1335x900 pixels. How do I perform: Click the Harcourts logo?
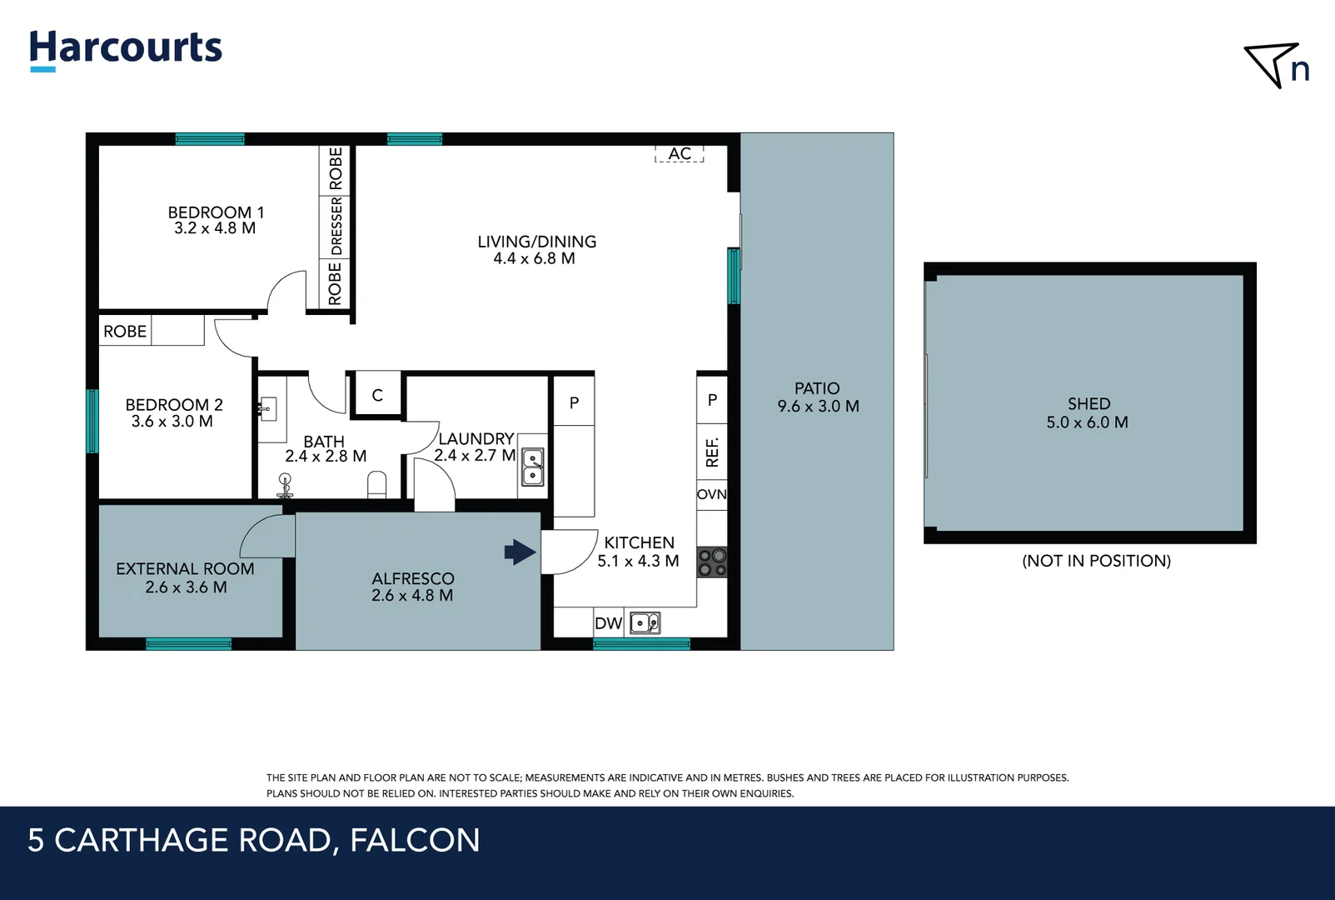coord(126,49)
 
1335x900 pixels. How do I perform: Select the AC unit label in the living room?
coord(680,153)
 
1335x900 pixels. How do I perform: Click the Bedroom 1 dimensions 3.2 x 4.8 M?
coord(215,228)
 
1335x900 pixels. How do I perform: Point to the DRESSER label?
coord(336,226)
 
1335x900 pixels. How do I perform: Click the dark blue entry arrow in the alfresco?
coord(520,552)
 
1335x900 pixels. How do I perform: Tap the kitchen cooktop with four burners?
coord(712,562)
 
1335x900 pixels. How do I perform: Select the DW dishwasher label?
coord(608,623)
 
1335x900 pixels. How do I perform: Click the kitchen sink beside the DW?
coord(645,623)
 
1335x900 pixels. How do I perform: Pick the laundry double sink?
coord(533,467)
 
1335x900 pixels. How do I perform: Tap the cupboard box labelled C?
coord(377,395)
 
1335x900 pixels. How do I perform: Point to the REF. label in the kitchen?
coord(712,452)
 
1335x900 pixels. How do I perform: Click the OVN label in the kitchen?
coord(712,494)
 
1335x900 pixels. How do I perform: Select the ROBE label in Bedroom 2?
coord(125,331)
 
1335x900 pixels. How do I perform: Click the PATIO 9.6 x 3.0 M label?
coord(818,397)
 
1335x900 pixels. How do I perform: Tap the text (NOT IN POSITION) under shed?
coord(1096,561)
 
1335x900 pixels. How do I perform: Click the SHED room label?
coord(1088,403)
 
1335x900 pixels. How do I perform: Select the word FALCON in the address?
coord(415,840)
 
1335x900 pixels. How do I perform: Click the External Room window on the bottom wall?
coord(188,643)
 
